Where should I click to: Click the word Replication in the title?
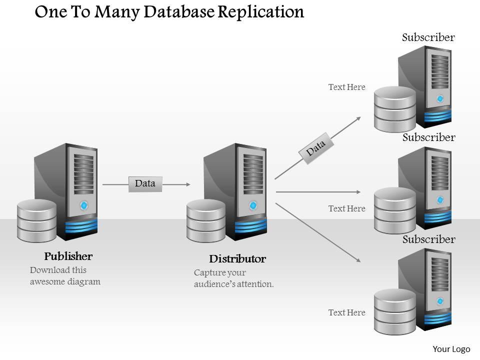point(261,12)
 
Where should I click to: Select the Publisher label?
point(68,256)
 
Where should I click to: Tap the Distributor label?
point(237,259)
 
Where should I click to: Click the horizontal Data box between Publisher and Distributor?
point(145,184)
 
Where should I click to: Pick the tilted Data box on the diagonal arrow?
point(315,147)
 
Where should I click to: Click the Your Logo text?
point(451,349)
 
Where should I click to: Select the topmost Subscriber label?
point(428,37)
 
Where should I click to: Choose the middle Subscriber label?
point(428,137)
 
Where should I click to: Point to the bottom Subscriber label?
point(428,239)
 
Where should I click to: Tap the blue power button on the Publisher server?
point(84,205)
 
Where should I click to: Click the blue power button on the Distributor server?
point(253,205)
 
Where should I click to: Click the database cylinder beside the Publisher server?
point(36,220)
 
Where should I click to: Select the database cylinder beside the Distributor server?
point(205,220)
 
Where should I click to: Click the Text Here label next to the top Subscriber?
point(346,87)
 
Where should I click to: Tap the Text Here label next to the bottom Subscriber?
point(346,312)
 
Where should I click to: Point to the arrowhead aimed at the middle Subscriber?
point(357,191)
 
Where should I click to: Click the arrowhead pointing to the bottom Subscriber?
point(358,260)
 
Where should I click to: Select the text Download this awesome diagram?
point(65,276)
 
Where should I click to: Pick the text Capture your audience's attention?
point(233,278)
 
